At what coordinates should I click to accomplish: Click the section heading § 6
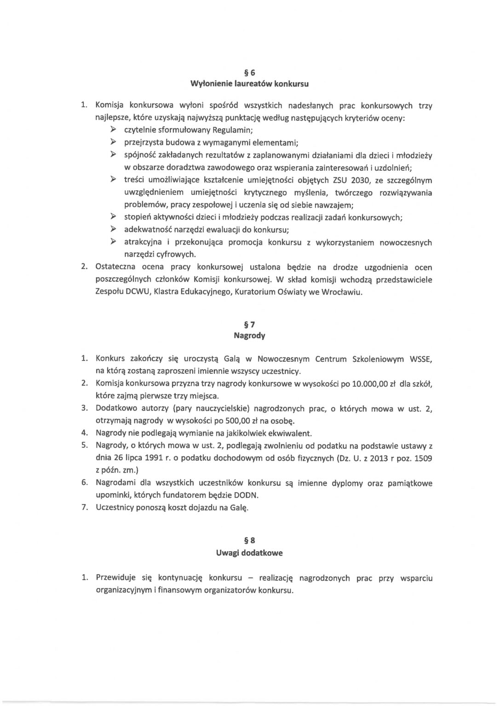click(249, 72)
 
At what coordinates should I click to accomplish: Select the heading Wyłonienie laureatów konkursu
click(249, 84)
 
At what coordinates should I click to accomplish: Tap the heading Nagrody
click(249, 336)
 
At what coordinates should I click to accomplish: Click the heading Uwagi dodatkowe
click(249, 553)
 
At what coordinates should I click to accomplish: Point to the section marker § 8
click(249, 541)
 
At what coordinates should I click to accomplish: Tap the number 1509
click(423, 459)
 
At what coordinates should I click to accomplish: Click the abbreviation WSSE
click(420, 359)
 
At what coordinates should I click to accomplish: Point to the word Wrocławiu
click(342, 292)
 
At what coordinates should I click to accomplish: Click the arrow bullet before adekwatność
click(113, 229)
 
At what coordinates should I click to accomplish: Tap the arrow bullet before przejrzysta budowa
click(113, 142)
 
